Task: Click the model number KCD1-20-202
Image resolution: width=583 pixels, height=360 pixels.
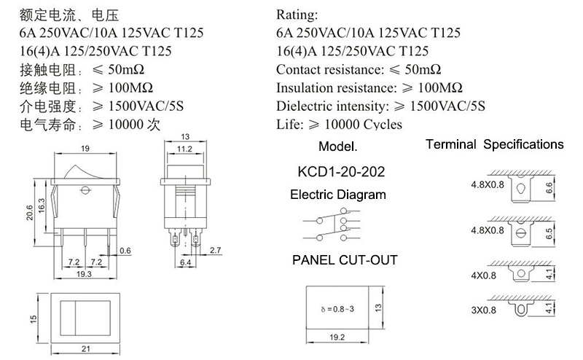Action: [x=341, y=171]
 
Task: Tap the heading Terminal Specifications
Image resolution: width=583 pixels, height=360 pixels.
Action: [x=495, y=144]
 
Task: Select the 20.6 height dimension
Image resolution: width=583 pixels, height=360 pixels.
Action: [x=29, y=212]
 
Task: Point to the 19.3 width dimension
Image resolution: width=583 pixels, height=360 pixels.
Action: [x=84, y=274]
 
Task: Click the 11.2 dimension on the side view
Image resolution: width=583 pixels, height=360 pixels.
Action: [x=184, y=149]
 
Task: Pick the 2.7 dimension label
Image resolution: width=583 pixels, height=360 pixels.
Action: [x=215, y=250]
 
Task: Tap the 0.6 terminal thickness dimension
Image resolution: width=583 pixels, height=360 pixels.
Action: [x=125, y=251]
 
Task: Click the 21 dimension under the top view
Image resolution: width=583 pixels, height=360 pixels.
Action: [x=85, y=349]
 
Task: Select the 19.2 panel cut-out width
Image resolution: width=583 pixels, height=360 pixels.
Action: [x=337, y=337]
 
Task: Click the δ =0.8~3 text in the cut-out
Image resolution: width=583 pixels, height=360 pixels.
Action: [x=337, y=309]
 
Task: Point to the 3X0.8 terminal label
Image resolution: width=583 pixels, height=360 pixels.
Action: [x=483, y=310]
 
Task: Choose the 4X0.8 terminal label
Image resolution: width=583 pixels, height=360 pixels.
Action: [x=483, y=275]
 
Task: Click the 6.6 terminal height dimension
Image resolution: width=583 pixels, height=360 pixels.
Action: [x=549, y=188]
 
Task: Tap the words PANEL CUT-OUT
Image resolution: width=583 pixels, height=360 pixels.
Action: [x=345, y=260]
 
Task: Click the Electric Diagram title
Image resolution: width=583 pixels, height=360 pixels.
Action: [x=338, y=195]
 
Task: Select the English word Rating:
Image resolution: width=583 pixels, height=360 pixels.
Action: [x=297, y=15]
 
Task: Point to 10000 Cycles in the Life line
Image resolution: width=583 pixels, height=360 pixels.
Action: [x=363, y=124]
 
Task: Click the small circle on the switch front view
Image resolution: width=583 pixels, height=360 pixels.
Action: [x=85, y=190]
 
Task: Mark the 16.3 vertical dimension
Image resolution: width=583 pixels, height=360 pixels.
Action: [x=41, y=206]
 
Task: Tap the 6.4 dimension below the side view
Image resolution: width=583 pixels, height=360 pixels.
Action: [x=185, y=262]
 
